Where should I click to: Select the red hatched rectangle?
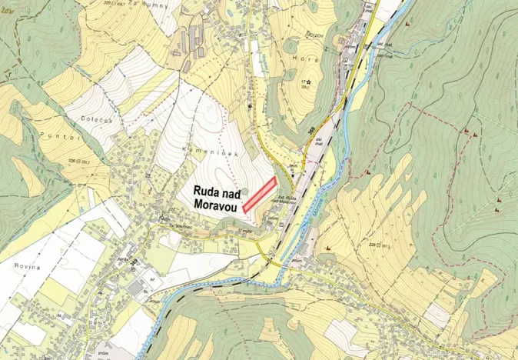[260, 194]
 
